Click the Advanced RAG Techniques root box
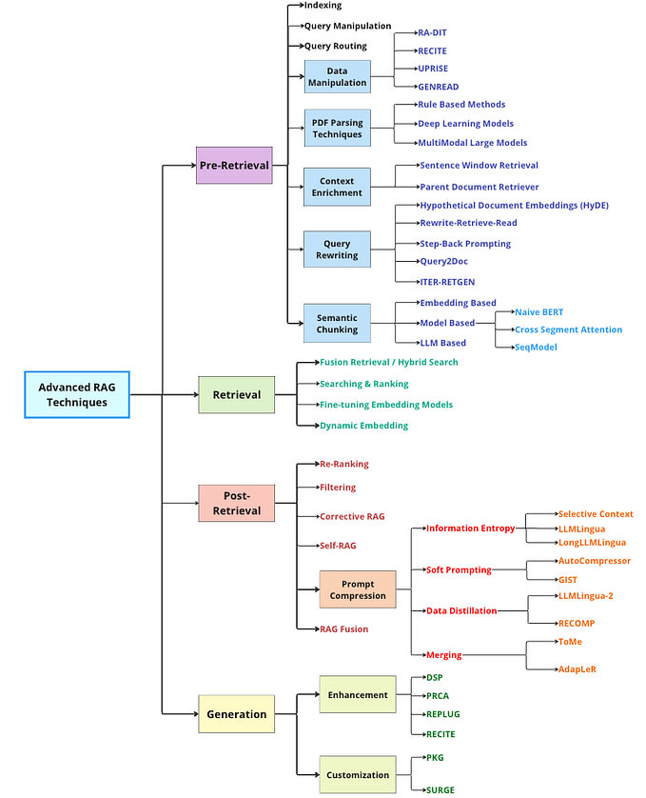(x=77, y=394)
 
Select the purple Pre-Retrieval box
(x=234, y=166)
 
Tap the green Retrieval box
(x=237, y=394)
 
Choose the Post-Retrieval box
(x=237, y=503)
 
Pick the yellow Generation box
(x=237, y=714)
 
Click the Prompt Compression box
(x=358, y=589)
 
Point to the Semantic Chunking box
(x=337, y=323)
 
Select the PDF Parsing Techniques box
(x=337, y=128)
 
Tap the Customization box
(x=358, y=774)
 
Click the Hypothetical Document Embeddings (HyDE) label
(x=515, y=205)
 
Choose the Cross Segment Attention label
(x=568, y=329)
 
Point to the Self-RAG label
(x=338, y=546)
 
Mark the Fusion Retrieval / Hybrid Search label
(x=388, y=362)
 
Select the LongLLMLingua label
(x=592, y=543)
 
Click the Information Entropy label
(x=471, y=529)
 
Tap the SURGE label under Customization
(x=440, y=789)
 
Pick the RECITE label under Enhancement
(x=440, y=734)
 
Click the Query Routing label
(x=336, y=46)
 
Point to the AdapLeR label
(x=577, y=669)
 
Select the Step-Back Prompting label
(x=465, y=243)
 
